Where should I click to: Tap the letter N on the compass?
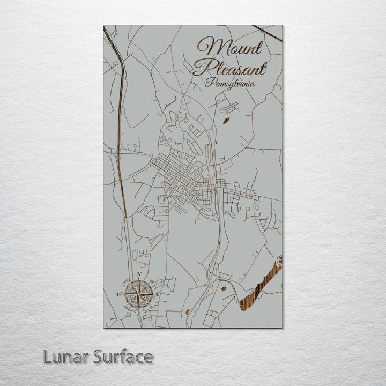tap(139, 274)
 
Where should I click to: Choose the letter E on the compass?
tap(159, 294)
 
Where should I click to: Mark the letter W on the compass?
tap(118, 294)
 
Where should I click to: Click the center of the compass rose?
tap(139, 294)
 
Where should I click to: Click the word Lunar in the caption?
tap(66, 357)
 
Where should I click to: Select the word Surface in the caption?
tap(123, 357)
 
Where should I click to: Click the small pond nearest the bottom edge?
tap(187, 311)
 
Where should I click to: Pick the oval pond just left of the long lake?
tap(224, 288)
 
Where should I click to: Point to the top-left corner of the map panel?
tap(104, 26)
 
